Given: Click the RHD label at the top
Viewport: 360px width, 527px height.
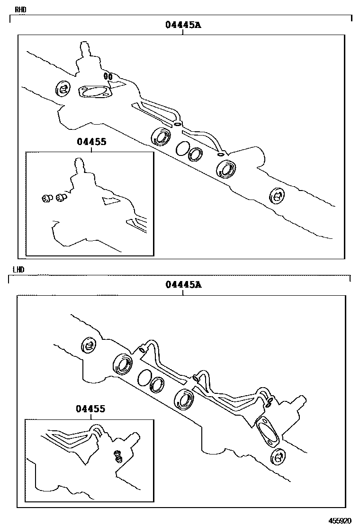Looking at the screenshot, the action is pyautogui.click(x=20, y=9).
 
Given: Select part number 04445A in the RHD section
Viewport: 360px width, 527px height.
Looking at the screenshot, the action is pyautogui.click(x=183, y=25).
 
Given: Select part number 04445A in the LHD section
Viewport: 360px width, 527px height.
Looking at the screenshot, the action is pyautogui.click(x=183, y=285).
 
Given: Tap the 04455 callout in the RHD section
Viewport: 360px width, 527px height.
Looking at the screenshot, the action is pyautogui.click(x=91, y=142).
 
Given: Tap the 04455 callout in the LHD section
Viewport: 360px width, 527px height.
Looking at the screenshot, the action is pyautogui.click(x=90, y=409).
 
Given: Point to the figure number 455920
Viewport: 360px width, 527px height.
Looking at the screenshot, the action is pyautogui.click(x=340, y=521).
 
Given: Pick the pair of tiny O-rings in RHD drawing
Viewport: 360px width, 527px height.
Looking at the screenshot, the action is pyautogui.click(x=108, y=77).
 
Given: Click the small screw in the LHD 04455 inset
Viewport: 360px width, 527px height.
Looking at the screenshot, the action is pyautogui.click(x=118, y=456).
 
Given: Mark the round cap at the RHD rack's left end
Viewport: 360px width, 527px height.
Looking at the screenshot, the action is pyautogui.click(x=63, y=89).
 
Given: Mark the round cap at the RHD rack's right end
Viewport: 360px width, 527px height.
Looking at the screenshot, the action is pyautogui.click(x=278, y=195).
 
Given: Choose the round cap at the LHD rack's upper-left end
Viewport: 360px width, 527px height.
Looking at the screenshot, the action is pyautogui.click(x=89, y=345).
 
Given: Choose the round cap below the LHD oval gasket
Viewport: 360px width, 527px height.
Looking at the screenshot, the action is pyautogui.click(x=278, y=457).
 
